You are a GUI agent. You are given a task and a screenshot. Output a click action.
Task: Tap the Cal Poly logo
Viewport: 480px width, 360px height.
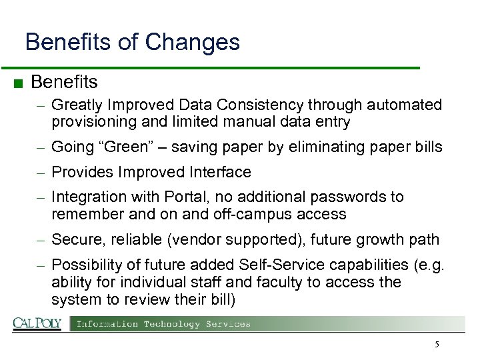coord(37,324)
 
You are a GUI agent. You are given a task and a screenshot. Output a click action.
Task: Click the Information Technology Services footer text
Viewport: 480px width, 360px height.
coord(163,324)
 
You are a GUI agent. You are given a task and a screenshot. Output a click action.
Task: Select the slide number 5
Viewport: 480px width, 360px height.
coord(437,345)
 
